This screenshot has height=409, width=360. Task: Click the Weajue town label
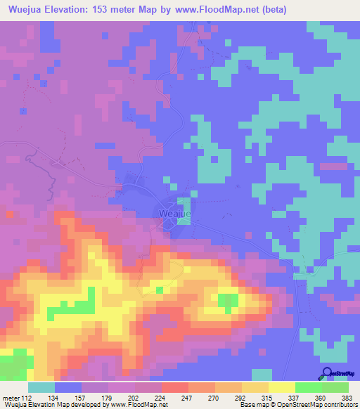(x=171, y=212)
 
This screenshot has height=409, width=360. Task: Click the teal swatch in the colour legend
(x=41, y=387)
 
